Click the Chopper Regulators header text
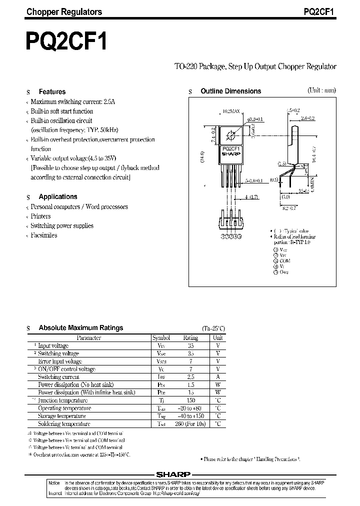(64, 11)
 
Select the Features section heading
(52, 91)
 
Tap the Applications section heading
(58, 196)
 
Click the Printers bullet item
(40, 216)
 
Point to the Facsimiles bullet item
(44, 235)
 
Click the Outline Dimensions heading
(230, 91)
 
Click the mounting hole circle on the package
(230, 135)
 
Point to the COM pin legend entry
(284, 260)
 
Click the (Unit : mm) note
(321, 90)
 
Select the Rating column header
(190, 338)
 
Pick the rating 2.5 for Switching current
(190, 377)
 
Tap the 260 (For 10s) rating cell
(190, 423)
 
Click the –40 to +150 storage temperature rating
(190, 416)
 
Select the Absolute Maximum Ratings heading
(80, 328)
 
